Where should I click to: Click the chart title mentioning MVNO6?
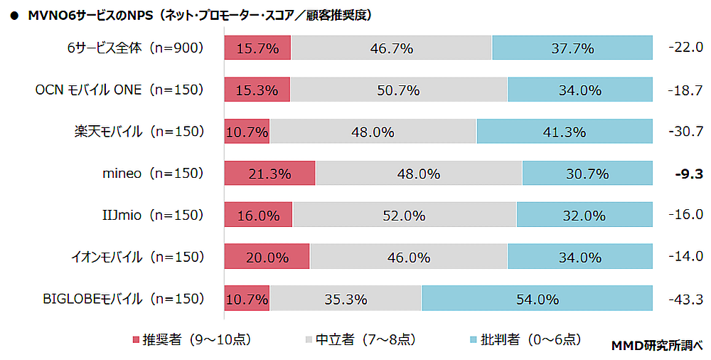pyautogui.click(x=192, y=14)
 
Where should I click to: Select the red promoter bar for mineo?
pyautogui.click(x=270, y=173)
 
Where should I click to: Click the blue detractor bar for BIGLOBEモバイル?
pyautogui.click(x=537, y=298)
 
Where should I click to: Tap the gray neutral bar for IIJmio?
pyautogui.click(x=404, y=215)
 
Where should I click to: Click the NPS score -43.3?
pyautogui.click(x=686, y=298)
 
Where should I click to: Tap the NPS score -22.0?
pyautogui.click(x=686, y=48)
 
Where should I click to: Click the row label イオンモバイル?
pyautogui.click(x=132, y=257)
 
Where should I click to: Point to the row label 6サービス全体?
pyautogui.click(x=132, y=48)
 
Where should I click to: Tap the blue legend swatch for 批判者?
pyautogui.click(x=475, y=339)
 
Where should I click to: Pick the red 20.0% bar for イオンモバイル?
pyautogui.click(x=267, y=257)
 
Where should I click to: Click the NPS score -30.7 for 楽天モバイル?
pyautogui.click(x=686, y=132)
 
